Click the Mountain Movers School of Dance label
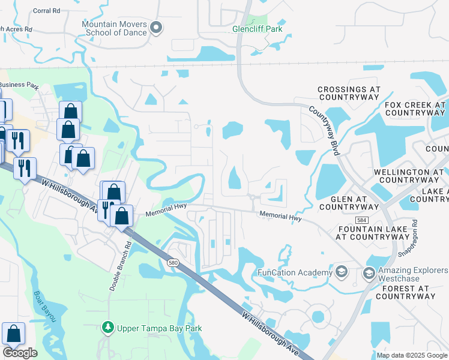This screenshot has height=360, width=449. point(114,28)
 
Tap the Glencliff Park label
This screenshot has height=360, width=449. point(258,28)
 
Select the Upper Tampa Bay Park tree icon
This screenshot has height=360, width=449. point(107,328)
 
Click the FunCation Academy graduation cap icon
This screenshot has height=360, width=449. point(342,272)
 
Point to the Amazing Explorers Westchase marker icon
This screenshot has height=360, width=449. point(369,274)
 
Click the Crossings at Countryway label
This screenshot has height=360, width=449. point(349,92)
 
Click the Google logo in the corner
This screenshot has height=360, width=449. point(20,353)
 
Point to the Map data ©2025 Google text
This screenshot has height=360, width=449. point(412,355)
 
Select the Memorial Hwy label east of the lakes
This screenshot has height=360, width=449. point(280,216)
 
